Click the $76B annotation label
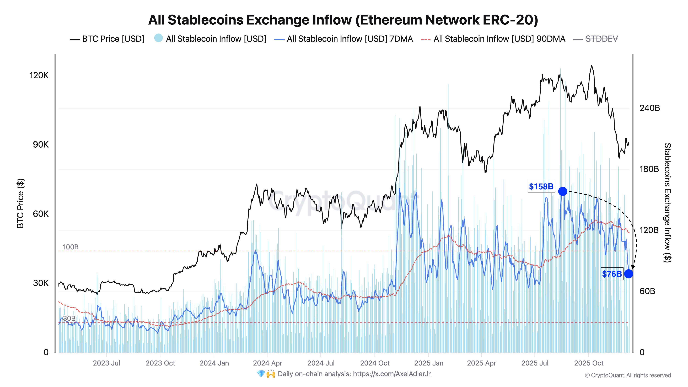(612, 274)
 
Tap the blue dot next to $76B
(628, 273)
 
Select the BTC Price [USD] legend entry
(113, 39)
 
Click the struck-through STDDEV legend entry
(601, 39)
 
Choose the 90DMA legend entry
(499, 39)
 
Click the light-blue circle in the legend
(158, 38)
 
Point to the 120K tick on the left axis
(39, 75)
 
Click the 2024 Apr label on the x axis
(267, 363)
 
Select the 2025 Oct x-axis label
(589, 363)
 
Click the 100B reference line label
(71, 247)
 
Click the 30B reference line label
(69, 318)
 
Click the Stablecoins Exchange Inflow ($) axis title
(667, 203)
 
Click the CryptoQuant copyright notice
(628, 375)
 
